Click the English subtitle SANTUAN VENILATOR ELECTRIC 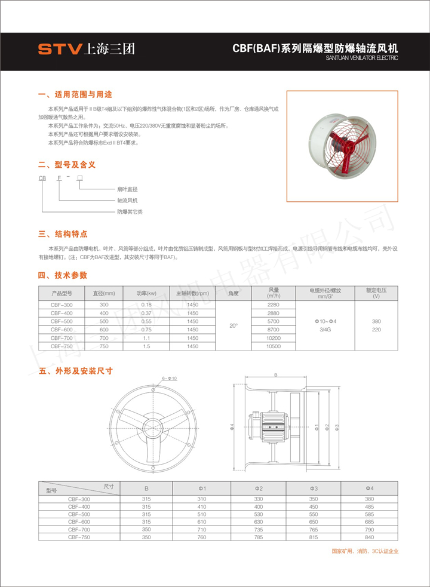pyautogui.click(x=362, y=59)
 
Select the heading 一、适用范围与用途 pyautogui.click(x=75, y=94)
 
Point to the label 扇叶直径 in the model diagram pyautogui.click(x=127, y=189)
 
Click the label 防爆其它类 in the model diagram pyautogui.click(x=130, y=211)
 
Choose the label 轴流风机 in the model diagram pyautogui.click(x=127, y=200)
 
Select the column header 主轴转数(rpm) pyautogui.click(x=192, y=293)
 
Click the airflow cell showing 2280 pyautogui.click(x=274, y=305)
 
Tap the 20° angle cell pyautogui.click(x=234, y=325)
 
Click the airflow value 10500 pyautogui.click(x=274, y=346)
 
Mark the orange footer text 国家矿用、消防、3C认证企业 pyautogui.click(x=364, y=551)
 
